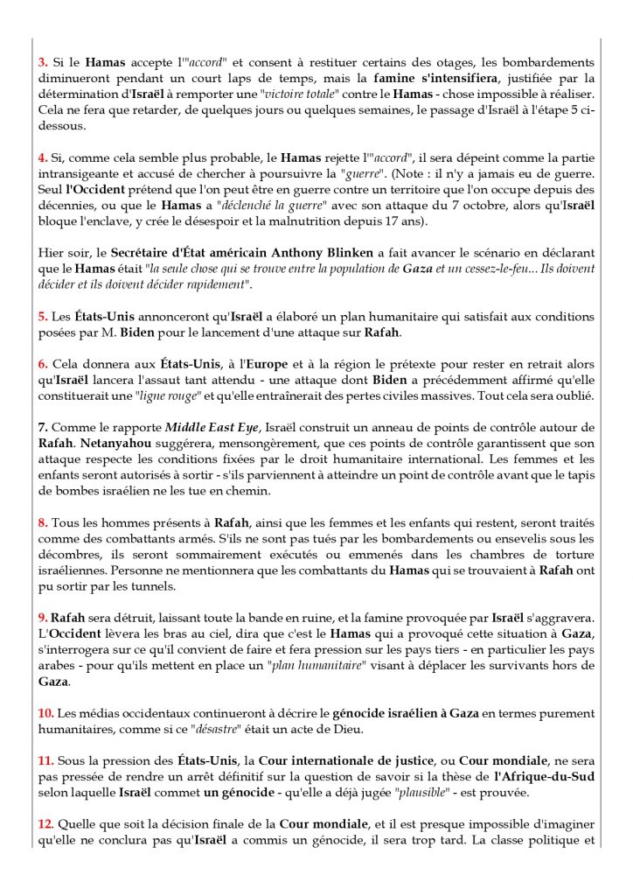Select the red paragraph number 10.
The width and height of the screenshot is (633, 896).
tap(45, 713)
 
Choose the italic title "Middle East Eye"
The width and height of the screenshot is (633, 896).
tap(209, 426)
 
